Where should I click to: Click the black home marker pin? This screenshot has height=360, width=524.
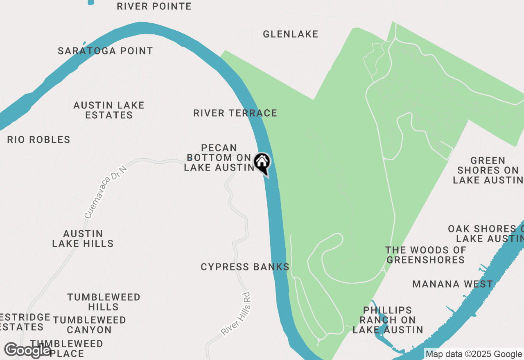coord(262,163)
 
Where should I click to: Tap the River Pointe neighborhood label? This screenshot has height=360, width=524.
coord(154,6)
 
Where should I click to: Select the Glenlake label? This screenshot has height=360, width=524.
coord(290,34)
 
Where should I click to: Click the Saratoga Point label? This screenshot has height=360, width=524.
coord(105,51)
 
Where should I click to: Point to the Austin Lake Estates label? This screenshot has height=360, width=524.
coord(109,110)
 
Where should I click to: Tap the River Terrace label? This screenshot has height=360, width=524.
coord(235,113)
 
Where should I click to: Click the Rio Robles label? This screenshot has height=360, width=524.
coord(38,139)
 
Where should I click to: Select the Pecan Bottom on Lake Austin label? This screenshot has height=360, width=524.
coord(219,157)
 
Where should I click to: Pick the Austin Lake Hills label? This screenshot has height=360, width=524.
coord(83,239)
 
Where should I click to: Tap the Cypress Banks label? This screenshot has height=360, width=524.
coord(245,267)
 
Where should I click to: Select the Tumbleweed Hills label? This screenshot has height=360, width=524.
coord(104,302)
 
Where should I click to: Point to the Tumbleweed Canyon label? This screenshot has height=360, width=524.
coord(89,324)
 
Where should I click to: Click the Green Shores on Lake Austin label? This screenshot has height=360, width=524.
coord(488,170)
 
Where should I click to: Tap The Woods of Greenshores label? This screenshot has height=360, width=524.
coord(426,254)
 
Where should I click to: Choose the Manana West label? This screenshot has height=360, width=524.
coord(452,284)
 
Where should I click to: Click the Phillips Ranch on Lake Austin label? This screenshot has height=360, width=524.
coord(388,320)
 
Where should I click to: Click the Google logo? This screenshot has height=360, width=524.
coord(28,351)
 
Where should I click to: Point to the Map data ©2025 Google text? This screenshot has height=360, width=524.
coord(474,354)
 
